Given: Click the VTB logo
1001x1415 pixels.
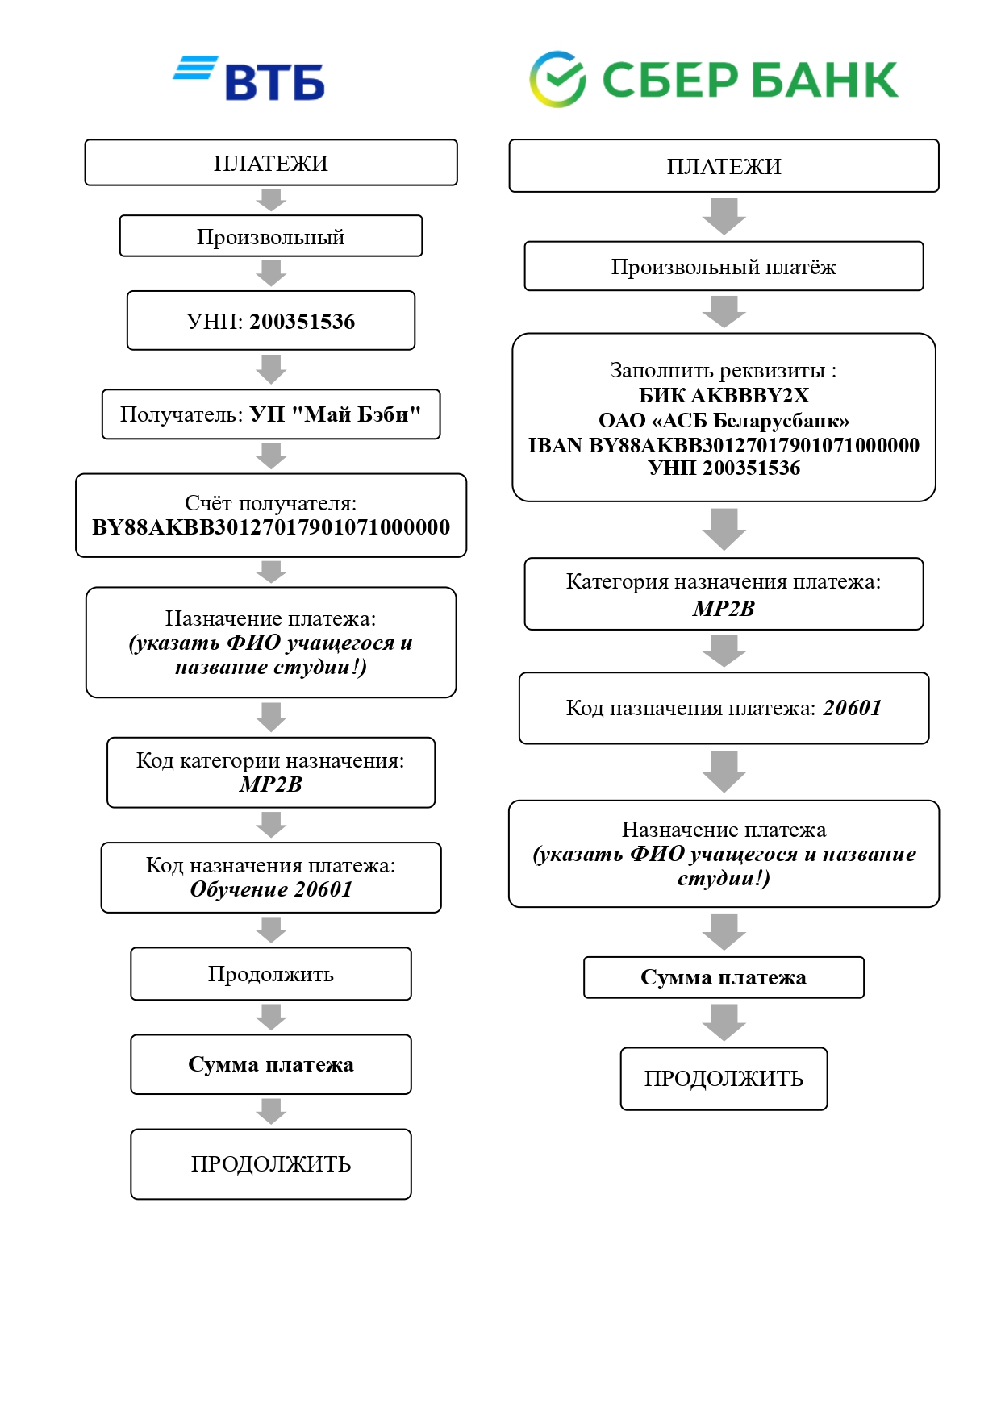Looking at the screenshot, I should point(250,79).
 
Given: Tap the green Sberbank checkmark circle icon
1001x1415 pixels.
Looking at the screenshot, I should point(557,79).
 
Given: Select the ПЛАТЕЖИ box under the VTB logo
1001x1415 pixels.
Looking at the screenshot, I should point(271,163).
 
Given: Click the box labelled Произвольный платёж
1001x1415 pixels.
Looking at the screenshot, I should point(724,266).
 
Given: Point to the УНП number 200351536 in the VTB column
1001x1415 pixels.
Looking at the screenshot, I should point(302,322).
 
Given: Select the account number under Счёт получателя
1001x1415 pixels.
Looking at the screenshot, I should point(271,527).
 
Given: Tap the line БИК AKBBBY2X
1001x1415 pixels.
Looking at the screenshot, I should point(724,395).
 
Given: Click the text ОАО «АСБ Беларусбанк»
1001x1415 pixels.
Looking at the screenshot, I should point(724,420).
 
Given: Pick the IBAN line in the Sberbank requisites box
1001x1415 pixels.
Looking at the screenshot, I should point(724,445).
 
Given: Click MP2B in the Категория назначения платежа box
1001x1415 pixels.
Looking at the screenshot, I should point(724,609).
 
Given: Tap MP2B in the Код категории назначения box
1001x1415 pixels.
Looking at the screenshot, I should point(271,784).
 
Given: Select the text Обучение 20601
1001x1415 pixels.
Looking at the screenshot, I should point(271,889).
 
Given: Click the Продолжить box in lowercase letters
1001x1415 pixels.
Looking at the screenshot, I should point(271,974).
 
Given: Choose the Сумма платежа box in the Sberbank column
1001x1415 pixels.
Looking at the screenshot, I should point(724,977).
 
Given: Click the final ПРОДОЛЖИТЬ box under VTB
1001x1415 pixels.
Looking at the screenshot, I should point(271,1164).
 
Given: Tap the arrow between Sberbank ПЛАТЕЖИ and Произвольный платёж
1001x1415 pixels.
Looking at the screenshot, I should point(724,216).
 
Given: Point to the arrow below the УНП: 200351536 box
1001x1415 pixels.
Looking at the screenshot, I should point(271,369).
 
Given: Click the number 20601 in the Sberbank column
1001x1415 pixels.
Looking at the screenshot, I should point(852,708).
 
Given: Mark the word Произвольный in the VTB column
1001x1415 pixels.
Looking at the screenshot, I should point(271,237).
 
